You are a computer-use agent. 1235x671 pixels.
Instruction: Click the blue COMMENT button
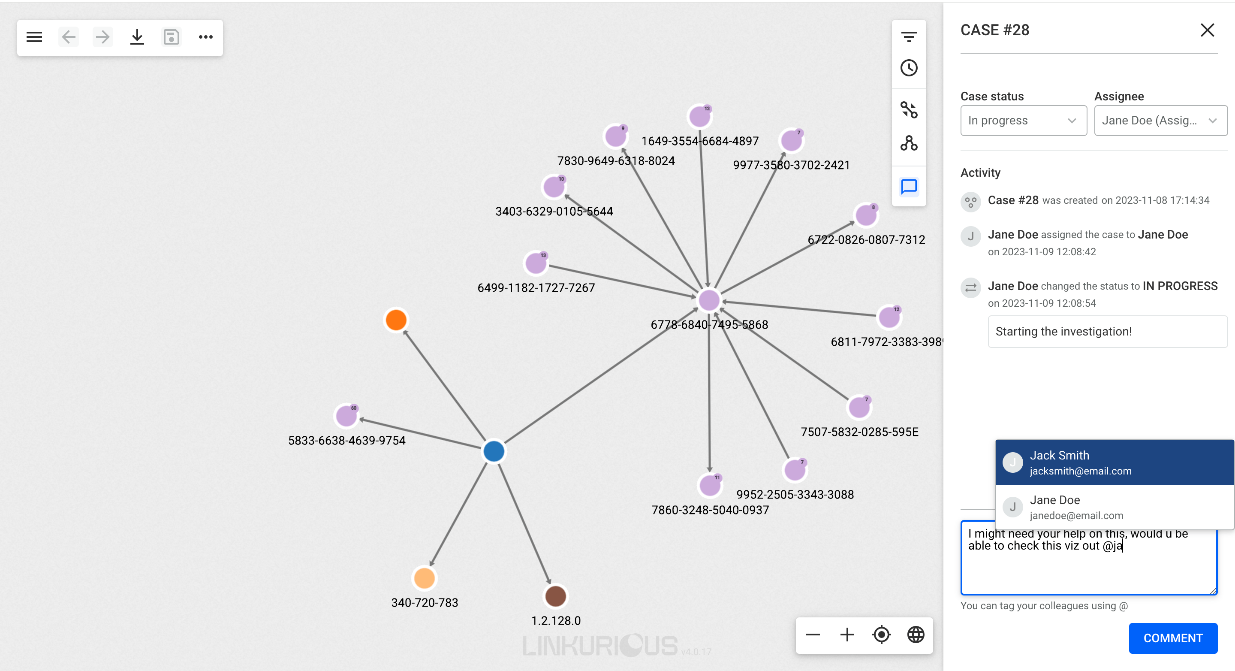point(1173,638)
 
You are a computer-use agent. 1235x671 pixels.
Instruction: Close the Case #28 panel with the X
point(1207,30)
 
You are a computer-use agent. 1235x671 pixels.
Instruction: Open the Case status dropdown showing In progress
point(1023,121)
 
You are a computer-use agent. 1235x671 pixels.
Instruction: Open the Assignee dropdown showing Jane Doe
point(1160,121)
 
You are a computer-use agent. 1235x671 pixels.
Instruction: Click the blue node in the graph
point(494,451)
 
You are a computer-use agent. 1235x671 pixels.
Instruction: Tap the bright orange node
point(396,320)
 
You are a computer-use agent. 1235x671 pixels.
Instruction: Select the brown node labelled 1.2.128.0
point(556,596)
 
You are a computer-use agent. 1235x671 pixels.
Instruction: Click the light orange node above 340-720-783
point(424,578)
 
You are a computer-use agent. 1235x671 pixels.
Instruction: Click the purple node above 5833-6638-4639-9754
point(346,416)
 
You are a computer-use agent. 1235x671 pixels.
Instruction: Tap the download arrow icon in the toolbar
point(137,37)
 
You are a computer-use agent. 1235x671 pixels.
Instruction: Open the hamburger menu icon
point(34,37)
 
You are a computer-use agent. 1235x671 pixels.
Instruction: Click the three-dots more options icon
point(206,37)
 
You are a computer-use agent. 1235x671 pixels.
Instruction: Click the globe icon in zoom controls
point(916,635)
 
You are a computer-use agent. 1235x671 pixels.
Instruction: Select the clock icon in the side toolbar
point(909,68)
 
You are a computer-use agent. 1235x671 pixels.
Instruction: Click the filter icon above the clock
point(909,36)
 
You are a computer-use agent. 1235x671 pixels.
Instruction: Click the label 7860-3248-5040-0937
point(710,510)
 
